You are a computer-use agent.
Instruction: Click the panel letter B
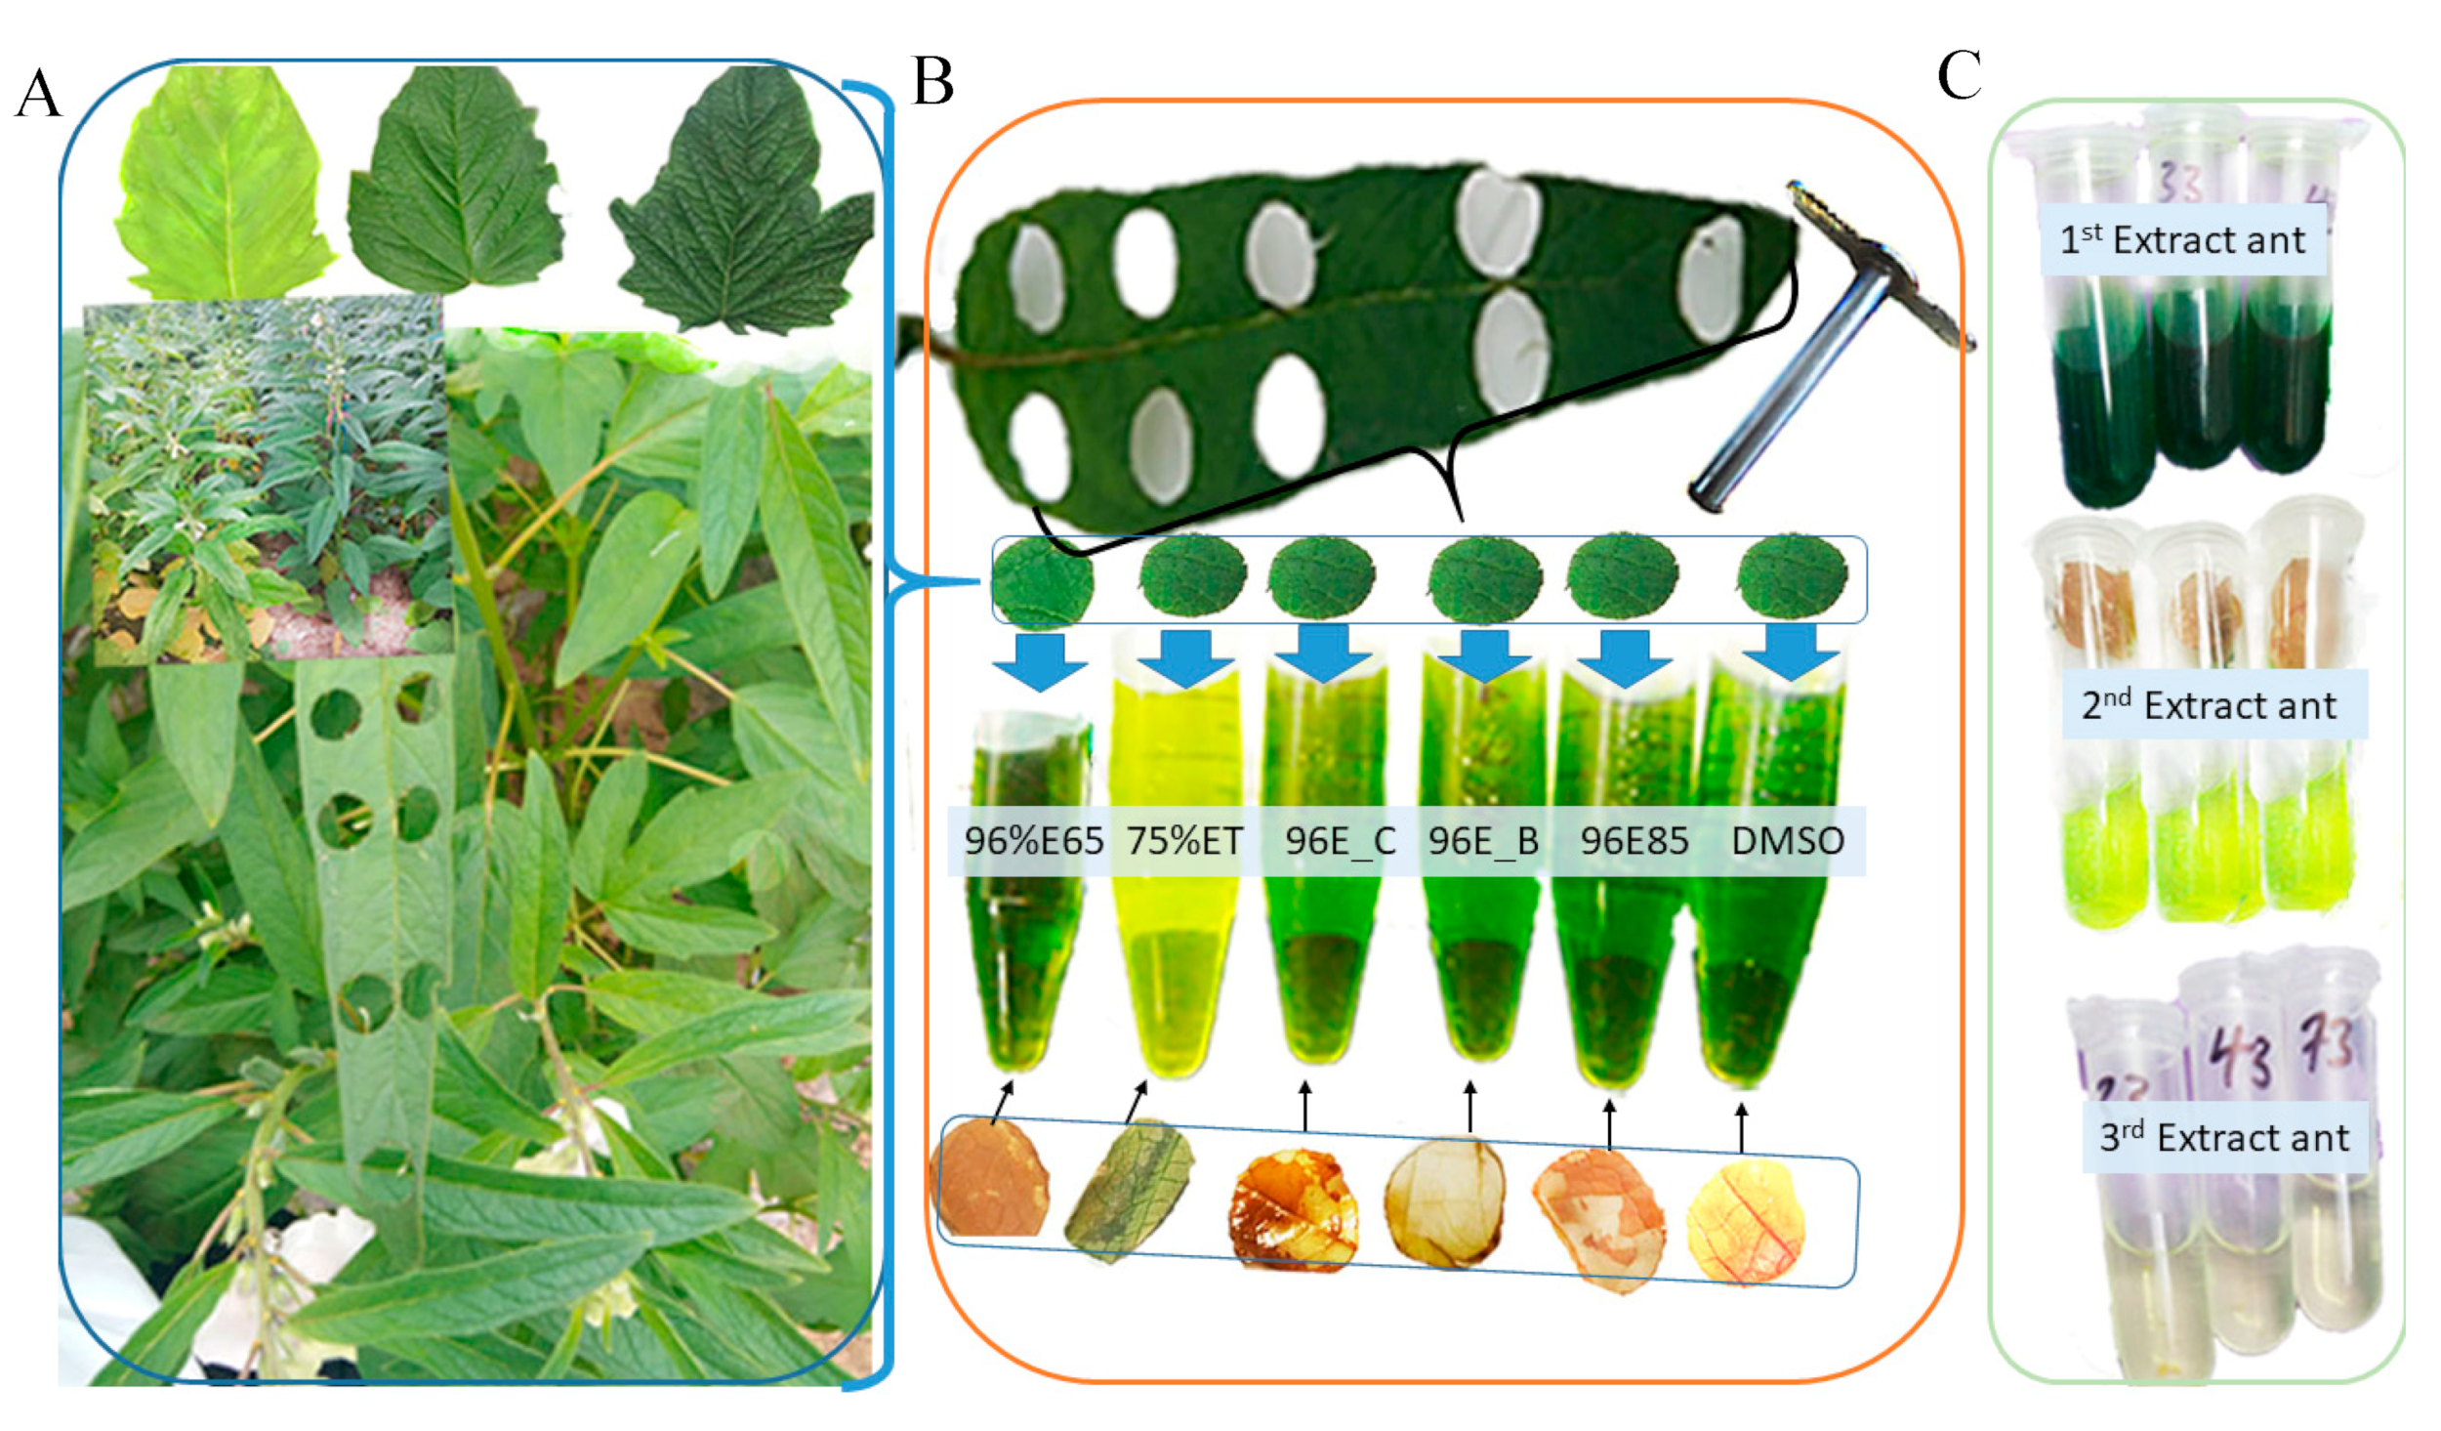pyautogui.click(x=931, y=82)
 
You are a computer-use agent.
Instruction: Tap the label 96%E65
pyautogui.click(x=1033, y=841)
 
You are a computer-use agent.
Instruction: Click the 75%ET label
pyautogui.click(x=1184, y=841)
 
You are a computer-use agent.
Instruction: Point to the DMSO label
pyautogui.click(x=1787, y=841)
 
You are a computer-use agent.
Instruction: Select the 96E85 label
pyautogui.click(x=1634, y=841)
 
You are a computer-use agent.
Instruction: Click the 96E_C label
pyautogui.click(x=1340, y=841)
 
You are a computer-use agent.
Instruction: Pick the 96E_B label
pyautogui.click(x=1483, y=841)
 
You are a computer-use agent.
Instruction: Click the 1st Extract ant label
pyautogui.click(x=2181, y=240)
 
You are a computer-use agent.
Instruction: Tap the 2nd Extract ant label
pyautogui.click(x=2209, y=705)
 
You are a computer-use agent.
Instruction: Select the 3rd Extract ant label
pyautogui.click(x=2224, y=1138)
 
